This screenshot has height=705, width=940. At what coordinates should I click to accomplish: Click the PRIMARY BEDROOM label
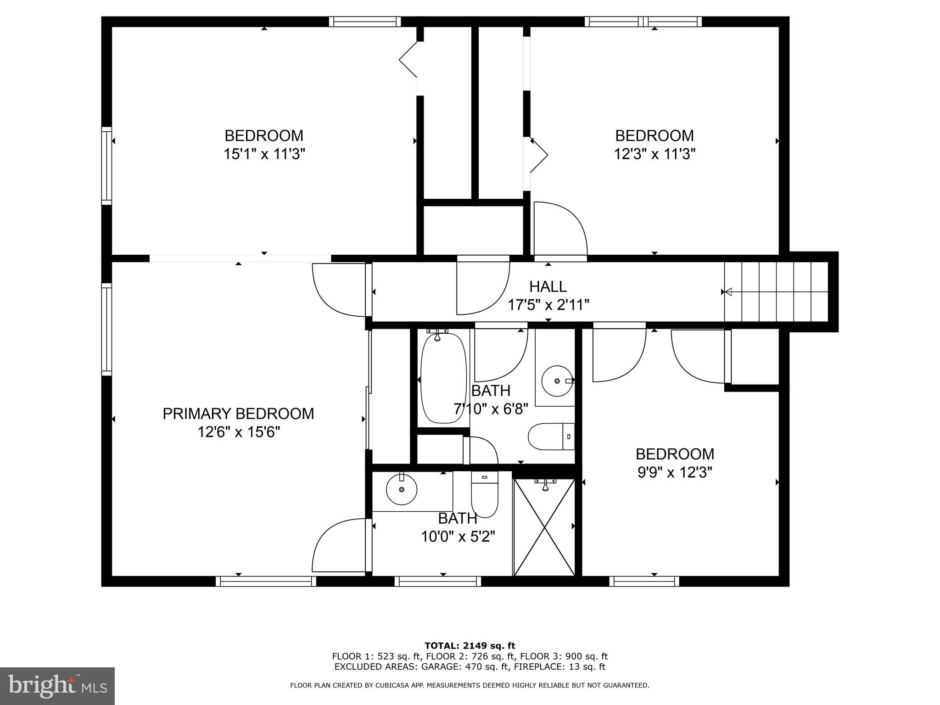(x=238, y=414)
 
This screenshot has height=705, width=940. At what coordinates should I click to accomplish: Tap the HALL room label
(x=548, y=286)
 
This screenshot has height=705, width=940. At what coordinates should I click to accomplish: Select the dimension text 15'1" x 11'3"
(x=264, y=154)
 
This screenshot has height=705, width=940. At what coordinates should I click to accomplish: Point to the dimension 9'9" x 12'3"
(x=675, y=472)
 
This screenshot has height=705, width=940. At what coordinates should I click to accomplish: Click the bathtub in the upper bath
(x=443, y=379)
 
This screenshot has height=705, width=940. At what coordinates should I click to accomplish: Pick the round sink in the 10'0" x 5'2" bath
(x=402, y=489)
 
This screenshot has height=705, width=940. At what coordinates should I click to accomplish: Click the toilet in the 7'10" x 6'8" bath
(x=551, y=436)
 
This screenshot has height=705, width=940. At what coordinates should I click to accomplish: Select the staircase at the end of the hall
(x=776, y=291)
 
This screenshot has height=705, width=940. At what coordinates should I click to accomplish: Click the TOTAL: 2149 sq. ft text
(x=470, y=646)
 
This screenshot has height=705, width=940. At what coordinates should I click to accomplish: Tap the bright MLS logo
(x=57, y=686)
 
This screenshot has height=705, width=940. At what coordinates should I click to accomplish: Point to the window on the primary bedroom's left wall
(x=106, y=329)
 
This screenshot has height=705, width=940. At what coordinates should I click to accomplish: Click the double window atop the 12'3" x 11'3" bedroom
(x=643, y=22)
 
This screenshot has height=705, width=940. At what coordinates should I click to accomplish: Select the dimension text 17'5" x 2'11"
(x=548, y=305)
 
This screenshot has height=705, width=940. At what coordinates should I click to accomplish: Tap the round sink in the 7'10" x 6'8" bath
(x=557, y=381)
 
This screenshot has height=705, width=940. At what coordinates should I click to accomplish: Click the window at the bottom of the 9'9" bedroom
(x=644, y=582)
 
